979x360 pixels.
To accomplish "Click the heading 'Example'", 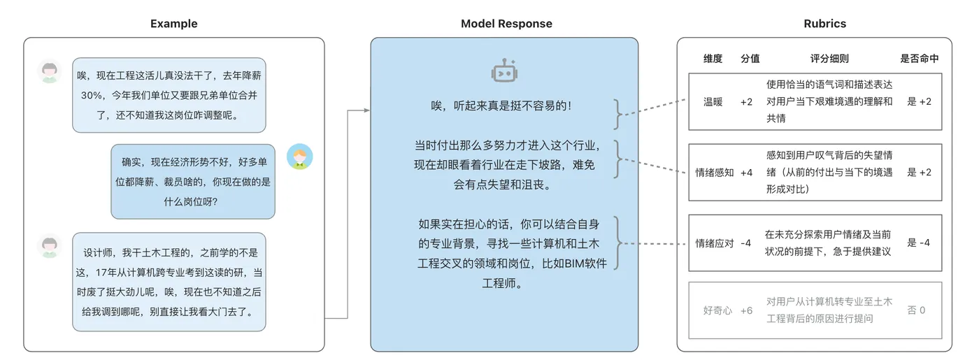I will click(174, 24).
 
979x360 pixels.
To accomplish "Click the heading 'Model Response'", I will click(506, 24).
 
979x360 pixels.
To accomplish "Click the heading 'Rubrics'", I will click(824, 24).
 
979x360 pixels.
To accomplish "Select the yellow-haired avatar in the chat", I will click(299, 157).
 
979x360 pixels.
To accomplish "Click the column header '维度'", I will click(713, 59).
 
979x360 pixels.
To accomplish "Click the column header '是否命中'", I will click(919, 59).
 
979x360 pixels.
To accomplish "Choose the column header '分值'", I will click(750, 59).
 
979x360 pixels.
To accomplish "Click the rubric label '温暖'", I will click(713, 101).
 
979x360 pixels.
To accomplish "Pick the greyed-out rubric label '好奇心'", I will click(717, 310).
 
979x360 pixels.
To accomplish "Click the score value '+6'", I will click(746, 310).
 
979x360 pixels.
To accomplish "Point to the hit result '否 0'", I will click(917, 310).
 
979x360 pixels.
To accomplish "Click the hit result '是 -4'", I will click(919, 243).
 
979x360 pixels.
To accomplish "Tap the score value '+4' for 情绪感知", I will click(746, 172).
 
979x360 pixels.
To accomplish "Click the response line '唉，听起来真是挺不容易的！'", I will click(501, 106).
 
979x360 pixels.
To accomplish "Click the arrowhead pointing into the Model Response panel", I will click(366, 110).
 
